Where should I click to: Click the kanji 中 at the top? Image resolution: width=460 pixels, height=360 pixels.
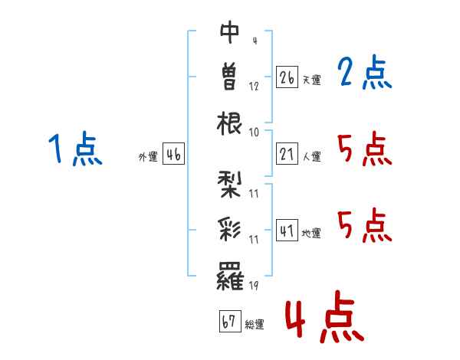230,32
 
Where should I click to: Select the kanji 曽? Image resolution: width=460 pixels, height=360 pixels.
229,77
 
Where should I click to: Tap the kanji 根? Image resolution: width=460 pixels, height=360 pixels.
229,123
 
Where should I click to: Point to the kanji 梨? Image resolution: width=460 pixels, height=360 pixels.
229,185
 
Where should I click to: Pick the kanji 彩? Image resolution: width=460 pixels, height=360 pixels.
229,230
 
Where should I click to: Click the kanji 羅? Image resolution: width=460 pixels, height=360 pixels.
230,276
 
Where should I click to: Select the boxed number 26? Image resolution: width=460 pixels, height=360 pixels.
287,77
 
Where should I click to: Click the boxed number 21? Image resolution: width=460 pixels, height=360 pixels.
287,154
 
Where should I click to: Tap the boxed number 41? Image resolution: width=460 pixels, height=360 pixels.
287,230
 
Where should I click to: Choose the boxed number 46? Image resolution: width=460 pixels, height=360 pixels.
173,154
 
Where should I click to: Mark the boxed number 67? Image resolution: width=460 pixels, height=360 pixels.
230,321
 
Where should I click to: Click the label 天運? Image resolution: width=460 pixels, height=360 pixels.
312,80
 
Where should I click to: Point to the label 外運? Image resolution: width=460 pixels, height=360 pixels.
148,157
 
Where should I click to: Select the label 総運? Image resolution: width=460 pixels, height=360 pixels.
255,324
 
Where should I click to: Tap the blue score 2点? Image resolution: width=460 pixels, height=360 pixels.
365,72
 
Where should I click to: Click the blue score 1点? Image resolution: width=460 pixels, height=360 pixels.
75,149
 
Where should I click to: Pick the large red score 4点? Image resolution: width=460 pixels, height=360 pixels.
325,316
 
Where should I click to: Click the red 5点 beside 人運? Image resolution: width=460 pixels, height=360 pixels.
365,149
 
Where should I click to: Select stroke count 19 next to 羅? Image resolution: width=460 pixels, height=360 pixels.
254,285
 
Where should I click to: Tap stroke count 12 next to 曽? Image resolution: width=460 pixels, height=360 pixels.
254,87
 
